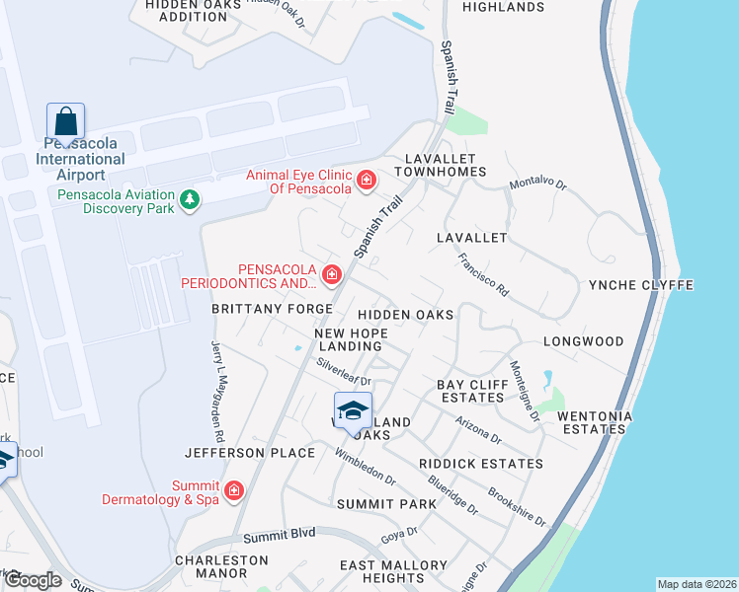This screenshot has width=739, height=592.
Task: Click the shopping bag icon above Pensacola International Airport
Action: [65, 122]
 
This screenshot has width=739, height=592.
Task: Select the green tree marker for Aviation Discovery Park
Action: [189, 201]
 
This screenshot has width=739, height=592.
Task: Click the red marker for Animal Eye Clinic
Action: [367, 180]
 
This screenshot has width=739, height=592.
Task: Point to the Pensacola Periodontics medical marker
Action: [332, 271]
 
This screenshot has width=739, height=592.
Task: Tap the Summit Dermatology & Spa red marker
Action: [234, 490]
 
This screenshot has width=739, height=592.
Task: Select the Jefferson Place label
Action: [249, 453]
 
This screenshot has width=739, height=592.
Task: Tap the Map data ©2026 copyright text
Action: [697, 583]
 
